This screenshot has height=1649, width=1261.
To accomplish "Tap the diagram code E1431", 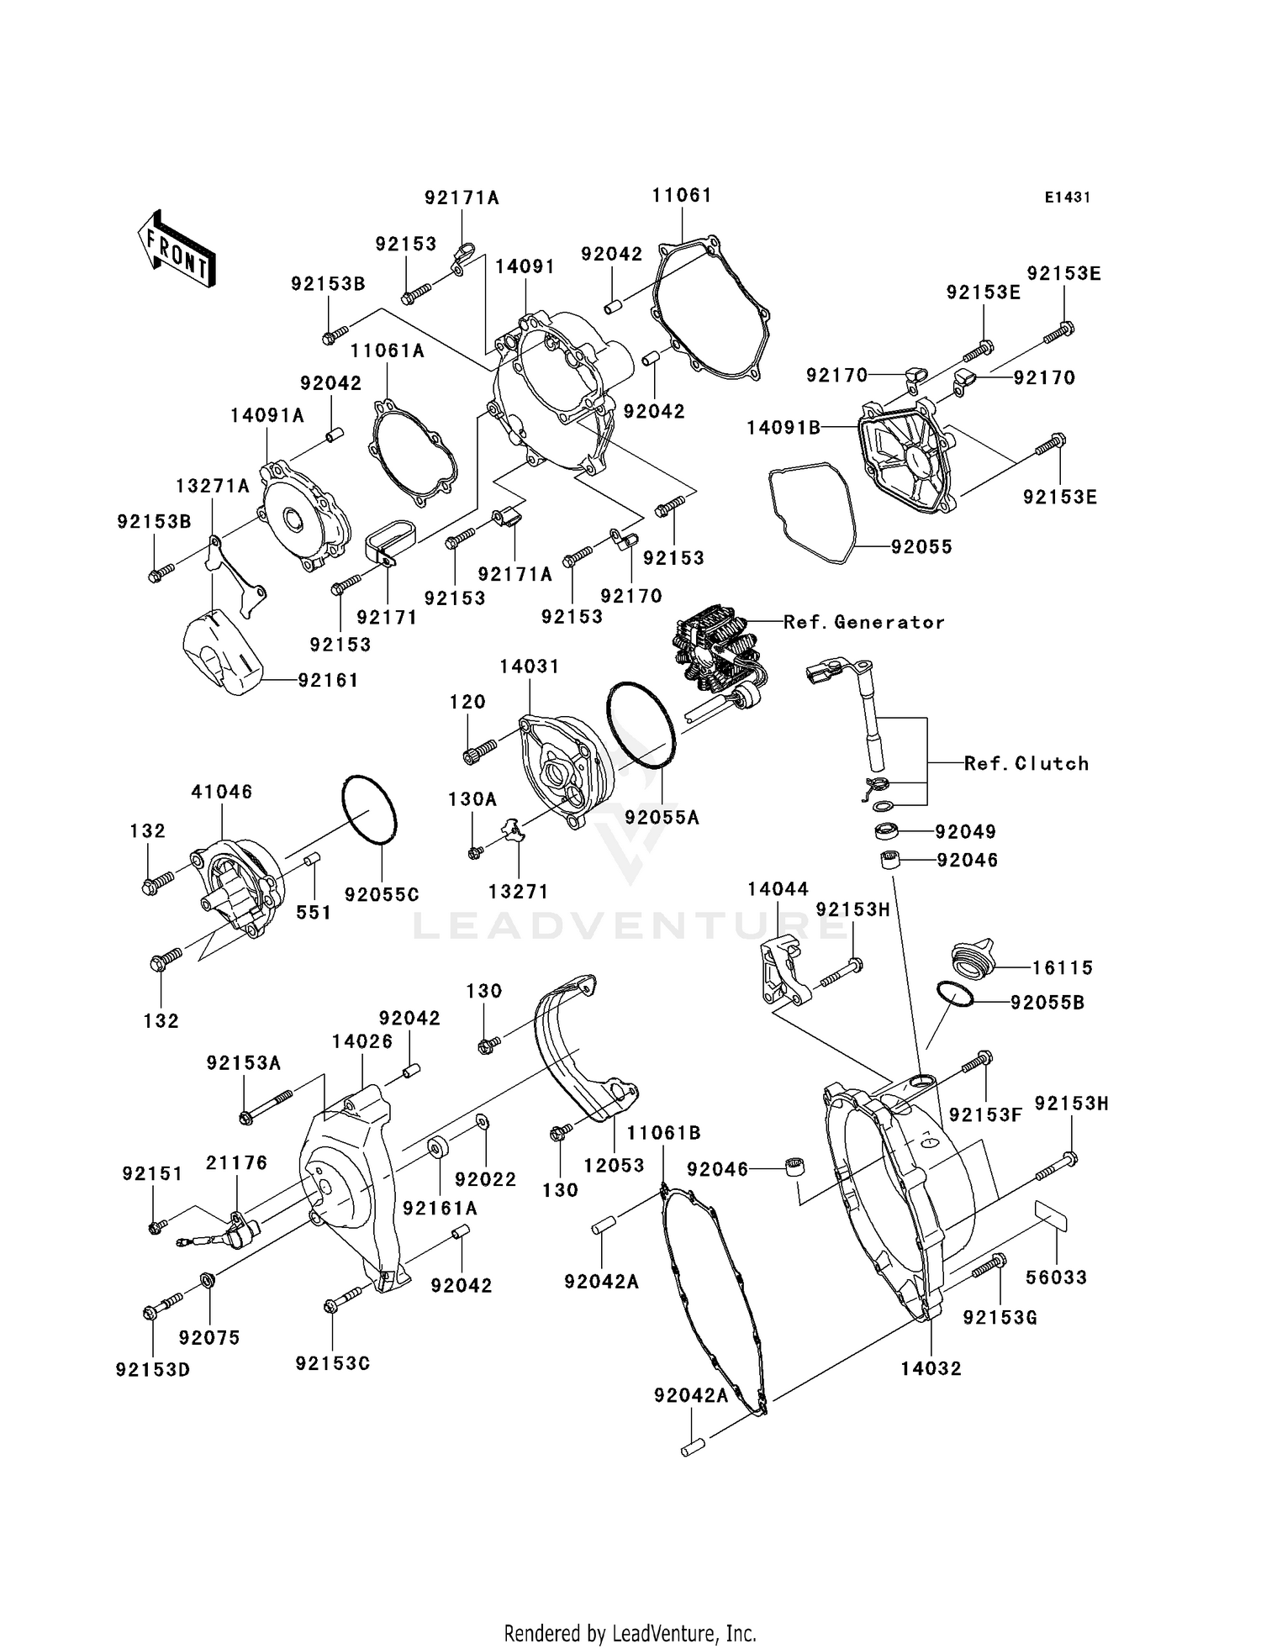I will pos(1067,198).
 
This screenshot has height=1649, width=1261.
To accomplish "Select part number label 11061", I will pos(681,196).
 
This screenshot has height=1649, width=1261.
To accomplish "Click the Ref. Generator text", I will pos(863,622).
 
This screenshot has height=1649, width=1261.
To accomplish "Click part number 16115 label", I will pos(1062,967).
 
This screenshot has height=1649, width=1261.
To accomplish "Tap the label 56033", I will pos(1056,1278).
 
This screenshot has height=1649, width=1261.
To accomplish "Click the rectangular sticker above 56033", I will pos(1049,1215).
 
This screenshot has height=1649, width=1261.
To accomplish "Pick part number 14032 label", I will pos(931,1368).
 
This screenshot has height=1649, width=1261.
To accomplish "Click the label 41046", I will pos(221,792).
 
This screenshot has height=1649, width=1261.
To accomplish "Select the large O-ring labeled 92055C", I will pos(370,809).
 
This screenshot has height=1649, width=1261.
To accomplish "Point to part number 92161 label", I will pos(328,680).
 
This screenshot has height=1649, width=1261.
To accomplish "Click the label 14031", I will pos(529,666).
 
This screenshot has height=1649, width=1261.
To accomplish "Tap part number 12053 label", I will pos(614,1166).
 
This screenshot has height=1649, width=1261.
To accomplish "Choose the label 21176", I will pos(236,1162).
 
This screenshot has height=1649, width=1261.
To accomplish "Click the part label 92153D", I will pos(153,1370).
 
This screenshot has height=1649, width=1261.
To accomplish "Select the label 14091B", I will pos(784,428).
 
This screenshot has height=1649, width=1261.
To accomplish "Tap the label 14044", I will pos(778,889).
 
